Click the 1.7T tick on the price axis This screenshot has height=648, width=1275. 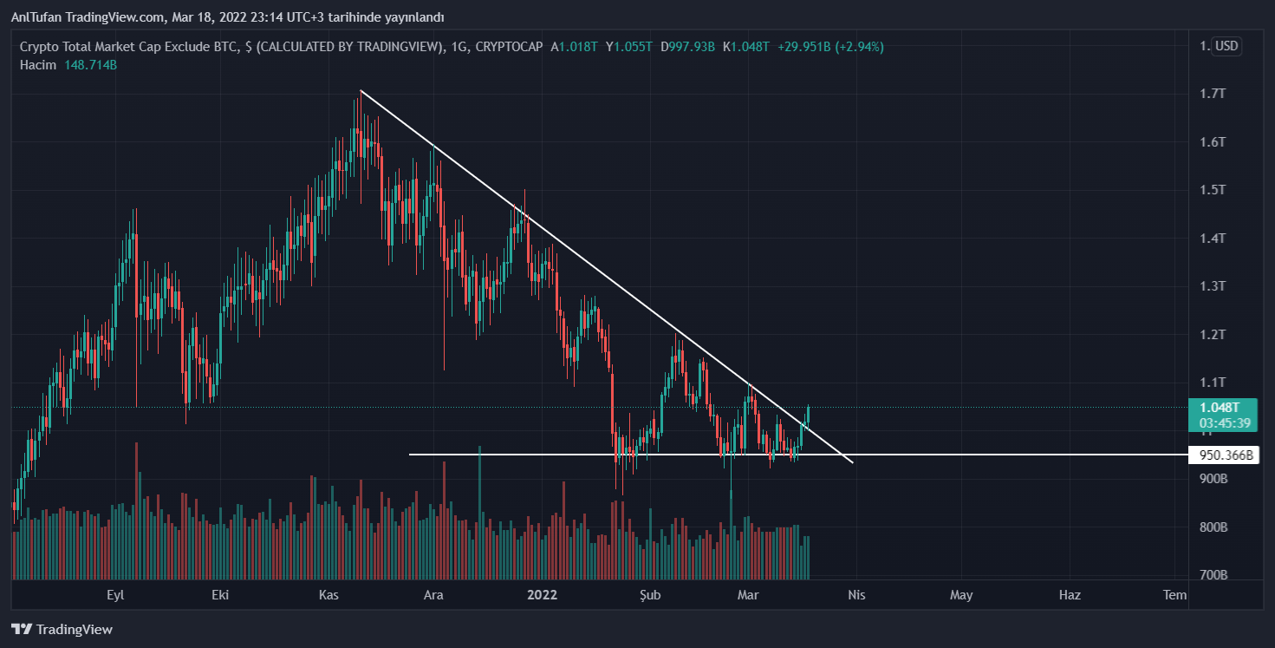1212,93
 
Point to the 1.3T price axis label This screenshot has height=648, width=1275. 1212,285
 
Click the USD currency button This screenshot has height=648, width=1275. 1226,46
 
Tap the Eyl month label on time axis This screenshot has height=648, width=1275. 115,594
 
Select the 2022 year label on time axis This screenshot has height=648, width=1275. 543,594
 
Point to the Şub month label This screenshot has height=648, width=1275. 650,594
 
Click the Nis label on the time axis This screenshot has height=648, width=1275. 856,594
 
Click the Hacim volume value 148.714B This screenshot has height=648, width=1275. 90,65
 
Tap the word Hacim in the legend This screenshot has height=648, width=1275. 38,65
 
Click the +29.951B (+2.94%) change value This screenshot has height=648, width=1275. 829,47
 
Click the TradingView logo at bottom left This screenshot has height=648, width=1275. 62,629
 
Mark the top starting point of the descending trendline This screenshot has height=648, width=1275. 361,90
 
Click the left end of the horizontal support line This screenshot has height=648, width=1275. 410,455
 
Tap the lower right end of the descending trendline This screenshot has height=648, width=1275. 853,462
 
